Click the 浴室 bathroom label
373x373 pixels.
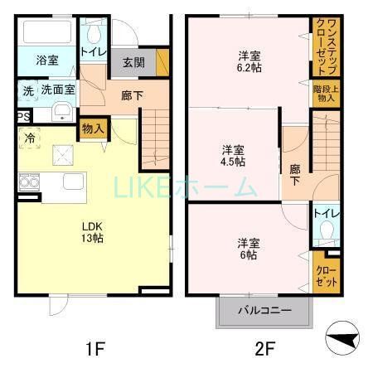point(47,61)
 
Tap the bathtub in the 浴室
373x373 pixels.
point(47,35)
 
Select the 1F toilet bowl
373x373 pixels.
point(92,33)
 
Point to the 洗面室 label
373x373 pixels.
point(59,90)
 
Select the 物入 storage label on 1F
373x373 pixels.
point(93,128)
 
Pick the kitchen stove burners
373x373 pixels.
point(27,182)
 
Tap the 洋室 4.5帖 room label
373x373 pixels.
point(232,156)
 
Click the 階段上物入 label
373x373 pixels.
point(322,94)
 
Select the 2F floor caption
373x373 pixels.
point(264,349)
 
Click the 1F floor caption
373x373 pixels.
point(94,349)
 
